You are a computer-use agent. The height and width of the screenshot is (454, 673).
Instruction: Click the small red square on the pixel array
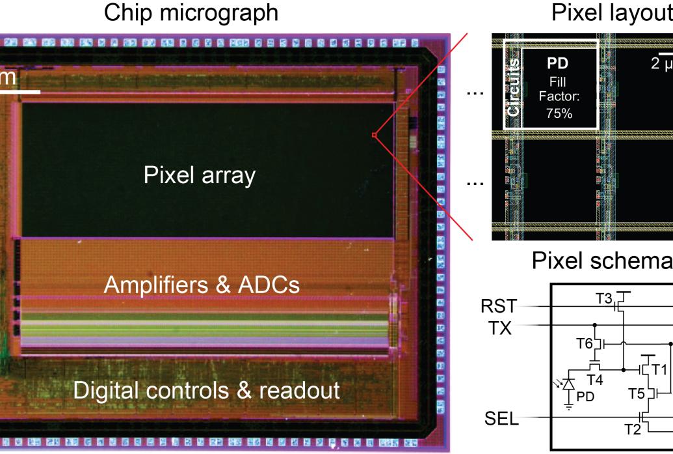[374, 135]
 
